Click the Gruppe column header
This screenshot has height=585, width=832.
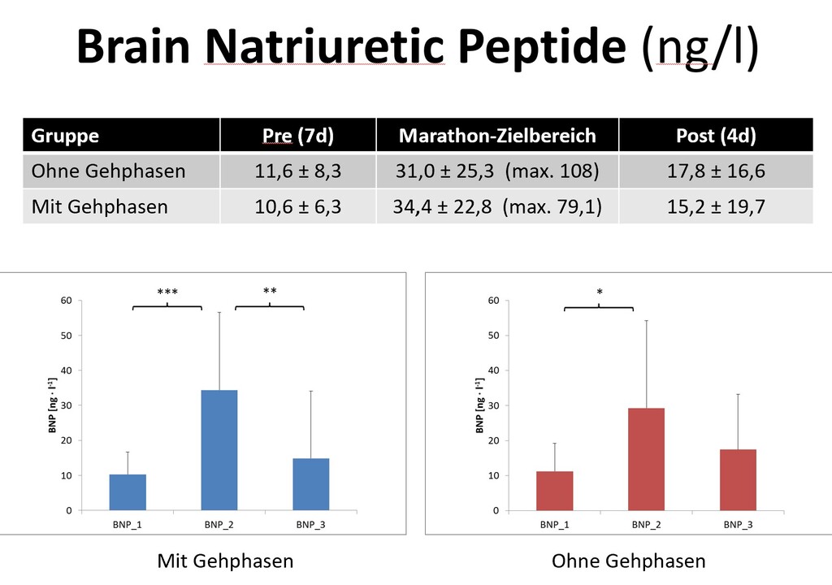pos(66,135)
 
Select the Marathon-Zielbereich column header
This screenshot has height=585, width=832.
pos(497,135)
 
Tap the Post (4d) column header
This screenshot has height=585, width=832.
pos(715,135)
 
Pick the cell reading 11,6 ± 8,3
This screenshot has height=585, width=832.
pos(297,171)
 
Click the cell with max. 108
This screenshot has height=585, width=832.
pos(496,171)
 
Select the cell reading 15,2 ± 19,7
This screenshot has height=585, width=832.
pos(715,206)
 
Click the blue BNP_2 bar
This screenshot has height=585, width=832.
pos(219,450)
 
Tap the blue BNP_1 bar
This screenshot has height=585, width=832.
pos(128,492)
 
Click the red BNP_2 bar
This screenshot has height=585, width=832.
pos(646,459)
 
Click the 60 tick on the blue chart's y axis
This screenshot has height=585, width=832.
pos(65,301)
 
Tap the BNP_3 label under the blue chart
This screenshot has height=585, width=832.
pos(310,525)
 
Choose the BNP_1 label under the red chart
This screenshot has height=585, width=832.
pos(554,525)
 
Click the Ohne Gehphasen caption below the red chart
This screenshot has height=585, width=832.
pos(628,561)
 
